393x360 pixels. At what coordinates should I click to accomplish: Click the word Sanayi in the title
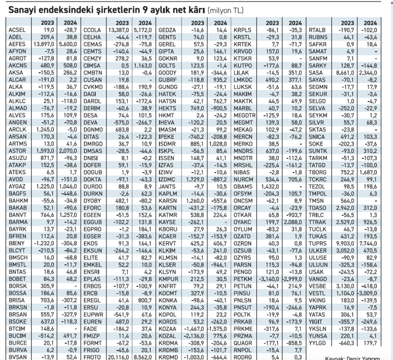(x=24, y=9)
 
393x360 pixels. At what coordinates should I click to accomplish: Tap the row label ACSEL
(x=17, y=31)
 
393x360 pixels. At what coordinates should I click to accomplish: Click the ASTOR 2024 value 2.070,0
(x=67, y=151)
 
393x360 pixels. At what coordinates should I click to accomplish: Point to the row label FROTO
(x=92, y=355)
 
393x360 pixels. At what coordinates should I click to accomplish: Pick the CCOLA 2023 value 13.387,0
(x=119, y=31)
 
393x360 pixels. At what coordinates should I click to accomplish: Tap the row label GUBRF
(x=168, y=79)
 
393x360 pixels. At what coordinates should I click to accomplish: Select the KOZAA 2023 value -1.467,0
(x=194, y=327)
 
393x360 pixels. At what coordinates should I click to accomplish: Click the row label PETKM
(x=243, y=278)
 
